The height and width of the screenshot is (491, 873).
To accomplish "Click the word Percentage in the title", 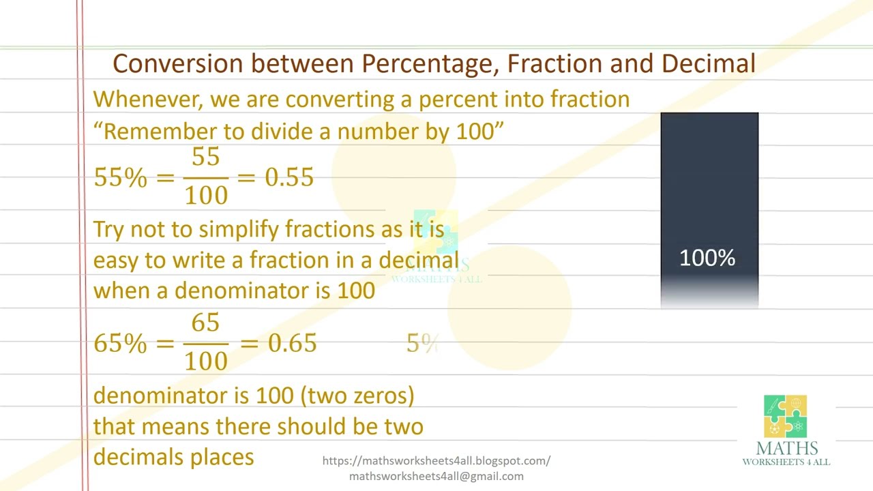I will (431, 63).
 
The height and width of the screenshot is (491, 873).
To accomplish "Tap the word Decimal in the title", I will (708, 63).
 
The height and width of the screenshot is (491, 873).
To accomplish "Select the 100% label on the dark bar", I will (707, 258).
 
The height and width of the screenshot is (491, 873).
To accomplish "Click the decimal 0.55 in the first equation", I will (289, 177).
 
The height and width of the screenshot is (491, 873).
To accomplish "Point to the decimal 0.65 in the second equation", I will (292, 343).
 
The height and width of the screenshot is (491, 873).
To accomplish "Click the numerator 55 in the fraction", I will (205, 158).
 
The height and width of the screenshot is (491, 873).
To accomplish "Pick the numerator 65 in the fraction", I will (205, 323).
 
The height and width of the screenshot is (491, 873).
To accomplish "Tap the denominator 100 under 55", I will (206, 196).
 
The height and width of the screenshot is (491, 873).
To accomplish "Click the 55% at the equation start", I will (120, 177).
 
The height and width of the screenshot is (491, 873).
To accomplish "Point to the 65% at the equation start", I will (120, 343).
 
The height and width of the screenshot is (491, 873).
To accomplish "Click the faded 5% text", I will (421, 344).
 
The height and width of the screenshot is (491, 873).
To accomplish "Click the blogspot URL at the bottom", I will (436, 461).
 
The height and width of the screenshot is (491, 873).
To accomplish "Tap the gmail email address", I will (436, 477).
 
